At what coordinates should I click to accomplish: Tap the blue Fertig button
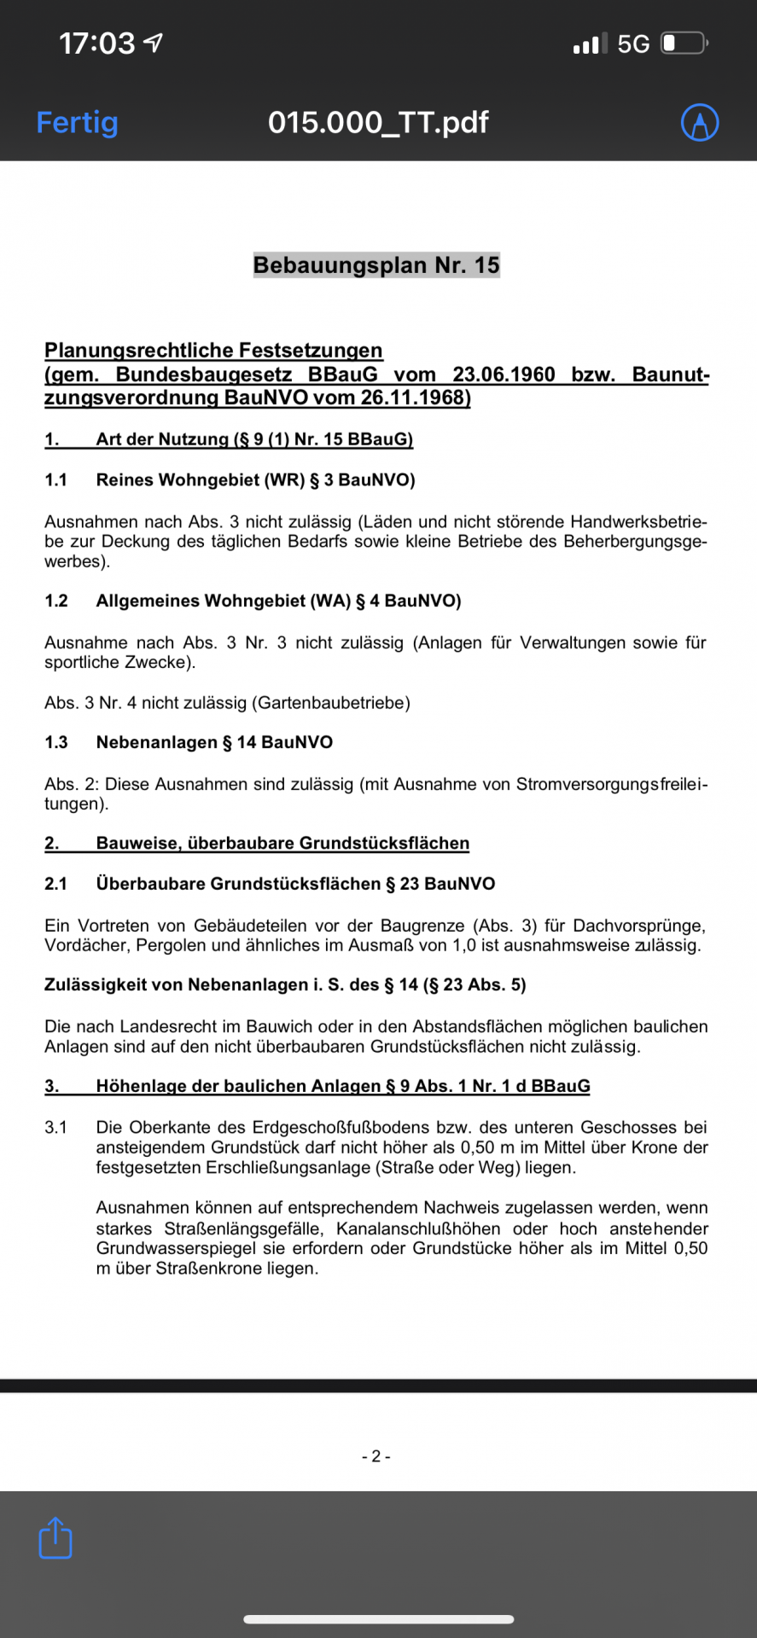[x=77, y=123]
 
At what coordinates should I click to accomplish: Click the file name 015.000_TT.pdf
[x=378, y=123]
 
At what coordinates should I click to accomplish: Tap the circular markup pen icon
[x=699, y=123]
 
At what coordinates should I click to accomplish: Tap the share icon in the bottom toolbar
[x=55, y=1537]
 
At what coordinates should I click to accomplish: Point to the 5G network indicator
[x=633, y=44]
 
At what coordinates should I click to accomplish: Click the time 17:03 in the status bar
[x=97, y=43]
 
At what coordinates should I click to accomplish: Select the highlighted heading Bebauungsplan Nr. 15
[x=376, y=265]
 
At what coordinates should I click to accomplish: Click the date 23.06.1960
[x=504, y=375]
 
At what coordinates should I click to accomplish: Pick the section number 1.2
[x=56, y=601]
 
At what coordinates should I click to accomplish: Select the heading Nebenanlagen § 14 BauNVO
[x=214, y=742]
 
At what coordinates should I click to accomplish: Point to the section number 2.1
[x=56, y=884]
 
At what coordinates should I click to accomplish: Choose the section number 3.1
[x=56, y=1128]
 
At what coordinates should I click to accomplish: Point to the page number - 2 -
[x=376, y=1456]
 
